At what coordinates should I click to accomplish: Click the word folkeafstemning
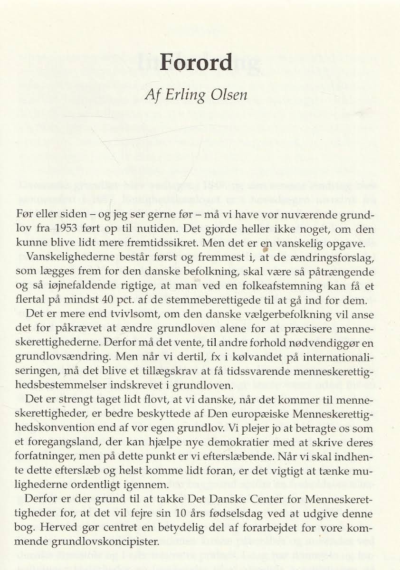point(308,287)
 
